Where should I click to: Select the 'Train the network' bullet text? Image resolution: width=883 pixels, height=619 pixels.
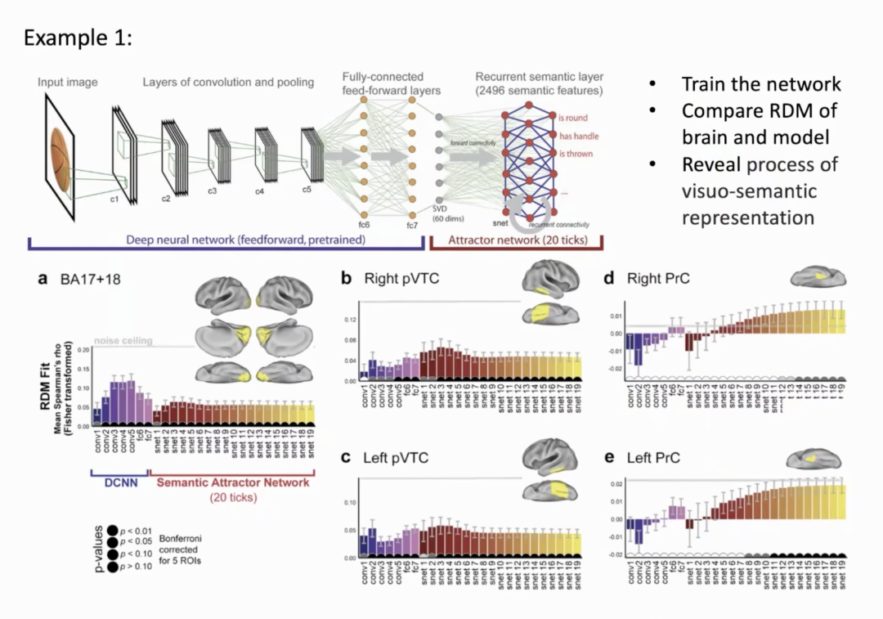761,84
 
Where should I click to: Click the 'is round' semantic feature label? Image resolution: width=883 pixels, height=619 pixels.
573,118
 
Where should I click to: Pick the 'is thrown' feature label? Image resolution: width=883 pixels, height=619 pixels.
576,153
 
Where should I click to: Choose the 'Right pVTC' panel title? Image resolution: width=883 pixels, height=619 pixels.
403,280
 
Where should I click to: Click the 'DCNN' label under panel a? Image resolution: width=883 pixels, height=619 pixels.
119,484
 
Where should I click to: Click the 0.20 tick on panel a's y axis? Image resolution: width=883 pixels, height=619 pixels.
83,350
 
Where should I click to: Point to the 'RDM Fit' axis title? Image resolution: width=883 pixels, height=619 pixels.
47,401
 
